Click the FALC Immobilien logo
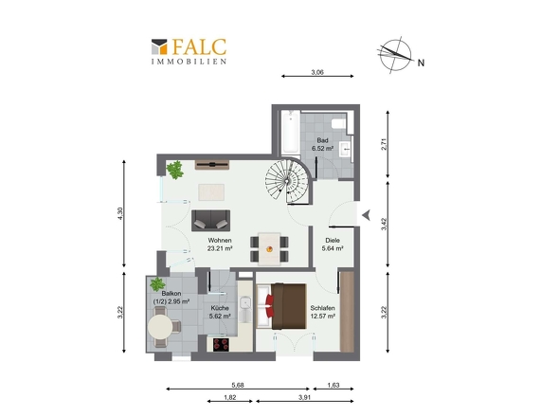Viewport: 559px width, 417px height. click(189, 51)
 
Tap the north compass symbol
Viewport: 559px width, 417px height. click(396, 55)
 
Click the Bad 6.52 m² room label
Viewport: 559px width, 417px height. click(323, 144)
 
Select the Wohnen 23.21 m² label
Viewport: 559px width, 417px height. click(220, 245)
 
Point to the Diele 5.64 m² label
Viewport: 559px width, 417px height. click(333, 245)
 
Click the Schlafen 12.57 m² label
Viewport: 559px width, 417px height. click(323, 312)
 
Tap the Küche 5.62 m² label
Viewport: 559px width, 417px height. click(220, 312)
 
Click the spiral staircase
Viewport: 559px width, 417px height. click(288, 180)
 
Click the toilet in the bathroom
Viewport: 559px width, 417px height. click(338, 124)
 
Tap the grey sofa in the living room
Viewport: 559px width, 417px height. click(210, 221)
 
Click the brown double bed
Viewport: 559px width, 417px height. click(281, 306)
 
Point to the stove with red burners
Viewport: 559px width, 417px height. click(221, 344)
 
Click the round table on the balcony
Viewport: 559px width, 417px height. click(160, 327)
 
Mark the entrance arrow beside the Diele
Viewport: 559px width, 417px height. click(366, 215)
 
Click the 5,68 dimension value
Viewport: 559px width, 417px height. click(238, 386)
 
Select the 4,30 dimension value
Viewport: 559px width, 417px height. click(120, 213)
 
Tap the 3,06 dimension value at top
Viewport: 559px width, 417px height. click(317, 72)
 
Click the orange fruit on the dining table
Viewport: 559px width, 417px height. click(269, 249)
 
